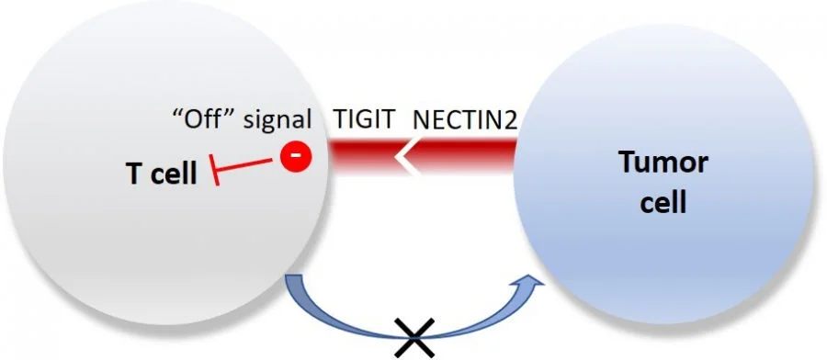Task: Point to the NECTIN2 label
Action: coord(463,119)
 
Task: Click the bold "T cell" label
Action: coord(162,173)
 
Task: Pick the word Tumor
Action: coord(663,163)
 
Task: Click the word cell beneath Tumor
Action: coord(663,202)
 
